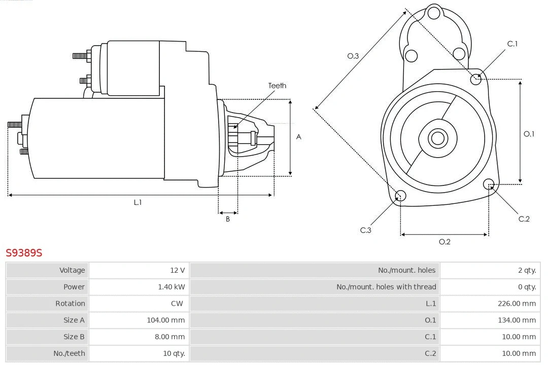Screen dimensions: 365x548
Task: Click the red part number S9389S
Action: [24, 252]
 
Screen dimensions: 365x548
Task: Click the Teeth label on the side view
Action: [277, 86]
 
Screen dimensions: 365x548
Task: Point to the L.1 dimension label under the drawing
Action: [138, 202]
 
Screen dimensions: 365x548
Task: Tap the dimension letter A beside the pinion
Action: [299, 137]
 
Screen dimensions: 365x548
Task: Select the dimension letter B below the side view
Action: [228, 219]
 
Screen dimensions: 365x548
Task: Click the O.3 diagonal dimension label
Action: [353, 56]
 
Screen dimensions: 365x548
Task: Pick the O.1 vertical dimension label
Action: [529, 134]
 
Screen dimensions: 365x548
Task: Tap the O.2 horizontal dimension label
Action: [444, 242]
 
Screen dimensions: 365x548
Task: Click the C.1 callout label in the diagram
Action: [512, 44]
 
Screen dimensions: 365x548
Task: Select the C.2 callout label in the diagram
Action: [524, 218]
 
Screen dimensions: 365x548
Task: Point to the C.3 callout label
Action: [366, 230]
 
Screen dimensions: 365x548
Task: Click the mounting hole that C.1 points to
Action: [476, 79]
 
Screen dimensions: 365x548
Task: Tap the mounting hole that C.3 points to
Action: [400, 196]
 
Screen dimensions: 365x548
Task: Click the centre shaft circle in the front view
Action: [437, 138]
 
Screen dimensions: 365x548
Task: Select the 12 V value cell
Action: [178, 270]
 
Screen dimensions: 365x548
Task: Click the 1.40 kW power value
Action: [172, 287]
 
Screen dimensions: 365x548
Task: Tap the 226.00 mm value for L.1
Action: [517, 304]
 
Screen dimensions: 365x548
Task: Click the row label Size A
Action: [74, 320]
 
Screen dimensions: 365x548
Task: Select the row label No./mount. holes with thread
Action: [386, 287]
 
